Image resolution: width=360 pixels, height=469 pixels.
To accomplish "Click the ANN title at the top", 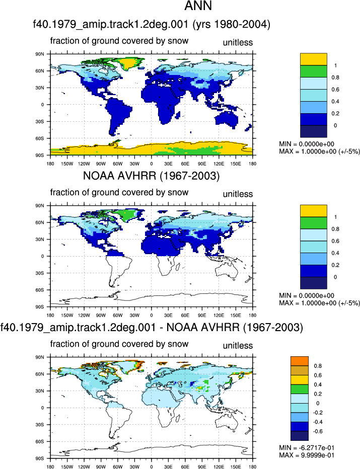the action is pyautogui.click(x=198, y=6).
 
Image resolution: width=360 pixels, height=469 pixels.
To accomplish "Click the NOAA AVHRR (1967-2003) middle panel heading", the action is pyautogui.click(x=151, y=176).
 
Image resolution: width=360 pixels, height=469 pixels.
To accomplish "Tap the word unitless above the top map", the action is pyautogui.click(x=238, y=43).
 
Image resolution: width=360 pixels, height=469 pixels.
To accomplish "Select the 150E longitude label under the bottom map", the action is pyautogui.click(x=236, y=466).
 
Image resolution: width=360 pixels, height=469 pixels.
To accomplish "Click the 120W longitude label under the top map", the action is pyautogui.click(x=84, y=164).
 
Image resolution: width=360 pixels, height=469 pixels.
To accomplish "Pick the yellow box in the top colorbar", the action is pyautogui.click(x=314, y=59).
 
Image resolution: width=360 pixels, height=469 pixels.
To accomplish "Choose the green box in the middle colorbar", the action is pyautogui.click(x=314, y=223).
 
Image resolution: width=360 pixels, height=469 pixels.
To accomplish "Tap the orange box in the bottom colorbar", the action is pyautogui.click(x=300, y=361).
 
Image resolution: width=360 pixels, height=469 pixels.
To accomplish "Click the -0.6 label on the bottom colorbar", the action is pyautogui.click(x=317, y=431).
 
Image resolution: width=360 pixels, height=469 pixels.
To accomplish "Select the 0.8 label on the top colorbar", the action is pyautogui.click(x=335, y=77).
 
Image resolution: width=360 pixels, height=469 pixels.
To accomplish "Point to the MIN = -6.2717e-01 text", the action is pyautogui.click(x=307, y=448).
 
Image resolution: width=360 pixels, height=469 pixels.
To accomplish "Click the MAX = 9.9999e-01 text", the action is pyautogui.click(x=307, y=455).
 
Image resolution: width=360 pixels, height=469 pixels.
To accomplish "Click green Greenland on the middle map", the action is pyautogui.click(x=129, y=214).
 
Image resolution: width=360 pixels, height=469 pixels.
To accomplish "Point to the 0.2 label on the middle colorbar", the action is pyautogui.click(x=335, y=265).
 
